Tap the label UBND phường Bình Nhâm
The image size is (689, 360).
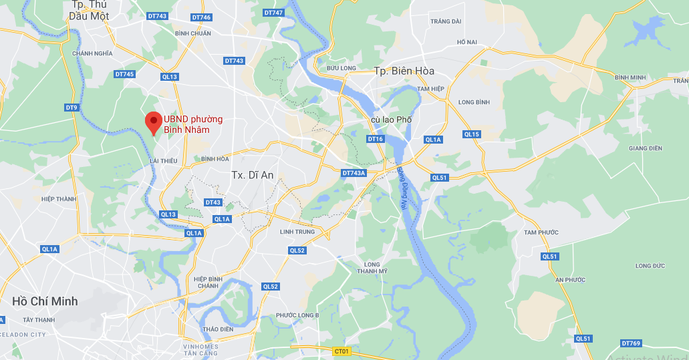coord(194,124)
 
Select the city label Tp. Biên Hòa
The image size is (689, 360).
coord(404,71)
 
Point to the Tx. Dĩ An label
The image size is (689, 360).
coord(252,175)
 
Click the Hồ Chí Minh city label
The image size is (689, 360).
coord(45,301)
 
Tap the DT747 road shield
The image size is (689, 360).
coord(273,13)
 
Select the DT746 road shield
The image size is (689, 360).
coord(200,17)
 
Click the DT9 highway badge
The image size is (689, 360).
coord(72,108)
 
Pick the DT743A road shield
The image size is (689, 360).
coord(354,173)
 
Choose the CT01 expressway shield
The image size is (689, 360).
coord(341,351)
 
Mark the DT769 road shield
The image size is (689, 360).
coord(630,343)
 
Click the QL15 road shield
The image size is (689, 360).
coord(472,134)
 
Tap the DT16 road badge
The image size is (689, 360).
coord(376,139)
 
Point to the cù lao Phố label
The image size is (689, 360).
coord(392,120)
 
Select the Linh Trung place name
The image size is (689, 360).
coord(297,232)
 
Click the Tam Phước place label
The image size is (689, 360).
coord(541,232)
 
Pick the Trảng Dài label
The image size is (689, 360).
coord(446,21)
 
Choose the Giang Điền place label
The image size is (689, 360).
coord(645,148)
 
